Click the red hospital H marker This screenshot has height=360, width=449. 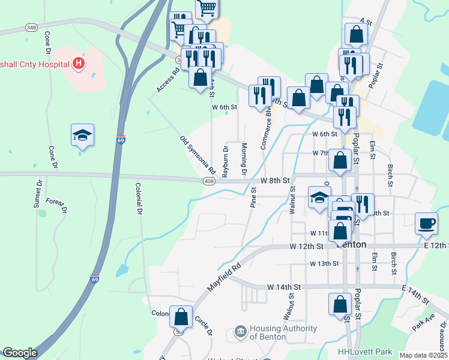click(x=77, y=62)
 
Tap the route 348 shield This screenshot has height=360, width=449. click(x=31, y=28)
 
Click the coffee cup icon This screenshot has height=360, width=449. click(x=427, y=224)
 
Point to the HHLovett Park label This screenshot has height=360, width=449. click(x=364, y=352)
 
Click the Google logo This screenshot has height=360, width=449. click(x=20, y=353)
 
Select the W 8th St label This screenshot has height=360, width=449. click(x=275, y=180)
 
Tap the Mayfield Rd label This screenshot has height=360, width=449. click(x=224, y=277)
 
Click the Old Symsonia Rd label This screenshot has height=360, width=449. click(x=197, y=157)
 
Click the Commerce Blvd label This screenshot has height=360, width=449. click(x=265, y=129)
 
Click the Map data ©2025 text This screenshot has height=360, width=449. click(x=423, y=355)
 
